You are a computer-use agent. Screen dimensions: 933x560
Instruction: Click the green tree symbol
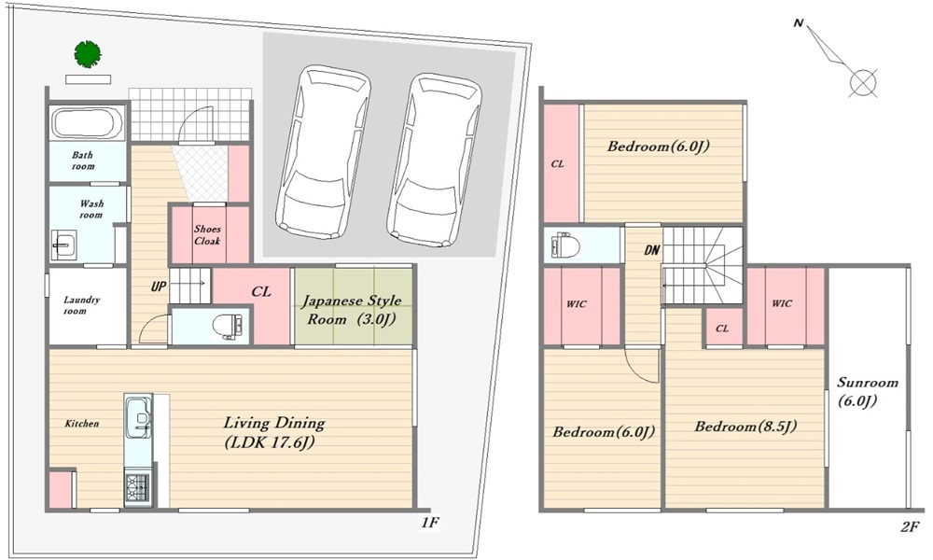pyautogui.click(x=88, y=54)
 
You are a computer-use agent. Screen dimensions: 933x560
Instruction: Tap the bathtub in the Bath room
pyautogui.click(x=87, y=123)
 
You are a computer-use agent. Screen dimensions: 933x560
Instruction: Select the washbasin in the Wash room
pyautogui.click(x=63, y=245)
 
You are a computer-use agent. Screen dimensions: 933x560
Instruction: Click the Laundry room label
pyautogui.click(x=81, y=304)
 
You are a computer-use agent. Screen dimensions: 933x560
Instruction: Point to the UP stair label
pyautogui.click(x=159, y=287)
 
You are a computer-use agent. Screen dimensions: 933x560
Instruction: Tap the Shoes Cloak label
pyautogui.click(x=207, y=235)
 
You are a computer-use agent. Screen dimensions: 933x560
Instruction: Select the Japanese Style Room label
pyautogui.click(x=352, y=310)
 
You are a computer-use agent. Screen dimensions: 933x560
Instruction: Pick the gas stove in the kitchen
pyautogui.click(x=138, y=487)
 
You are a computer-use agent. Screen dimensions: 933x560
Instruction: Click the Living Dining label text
pyautogui.click(x=274, y=433)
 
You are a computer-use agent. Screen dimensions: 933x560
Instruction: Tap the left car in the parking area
pyautogui.click(x=321, y=152)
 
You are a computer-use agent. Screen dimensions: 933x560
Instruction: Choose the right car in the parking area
pyautogui.click(x=434, y=161)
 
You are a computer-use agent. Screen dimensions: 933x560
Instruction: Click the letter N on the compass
pyautogui.click(x=799, y=23)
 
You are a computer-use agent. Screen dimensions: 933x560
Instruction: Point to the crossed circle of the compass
pyautogui.click(x=863, y=83)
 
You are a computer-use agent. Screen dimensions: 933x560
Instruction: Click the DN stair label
pyautogui.click(x=652, y=250)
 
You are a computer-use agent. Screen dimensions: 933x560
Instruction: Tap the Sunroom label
pyautogui.click(x=868, y=392)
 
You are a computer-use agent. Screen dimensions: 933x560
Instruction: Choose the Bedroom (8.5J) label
pyautogui.click(x=745, y=427)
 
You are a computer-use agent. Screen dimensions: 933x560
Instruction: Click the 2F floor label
pyautogui.click(x=910, y=526)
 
